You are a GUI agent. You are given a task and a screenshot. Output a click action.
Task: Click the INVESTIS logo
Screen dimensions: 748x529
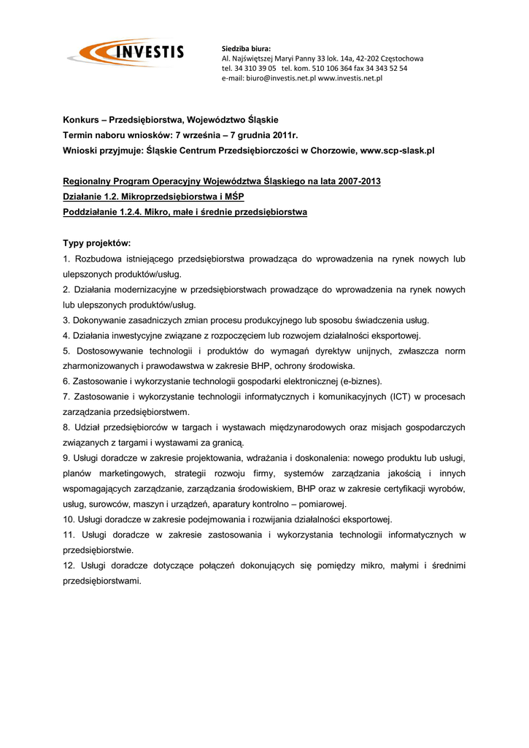[126, 53]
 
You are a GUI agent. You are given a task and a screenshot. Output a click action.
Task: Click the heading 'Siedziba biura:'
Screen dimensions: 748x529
[246, 48]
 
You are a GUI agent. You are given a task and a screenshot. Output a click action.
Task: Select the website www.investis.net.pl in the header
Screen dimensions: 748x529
[350, 78]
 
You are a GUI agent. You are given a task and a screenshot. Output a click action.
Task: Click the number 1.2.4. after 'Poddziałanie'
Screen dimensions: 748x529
[132, 212]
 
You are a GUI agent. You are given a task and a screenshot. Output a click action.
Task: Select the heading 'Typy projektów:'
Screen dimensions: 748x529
[97, 243]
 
